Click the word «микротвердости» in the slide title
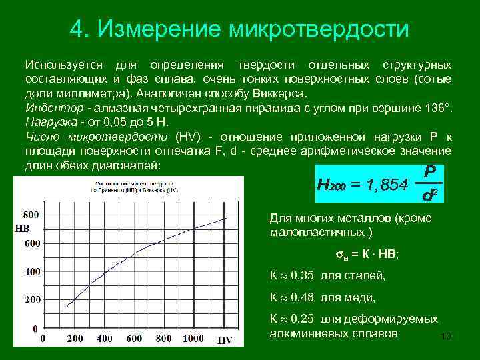[319, 29]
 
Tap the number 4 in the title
[76, 29]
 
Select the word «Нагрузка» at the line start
[49, 122]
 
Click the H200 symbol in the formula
[334, 184]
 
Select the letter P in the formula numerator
[430, 171]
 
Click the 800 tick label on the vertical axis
[31, 215]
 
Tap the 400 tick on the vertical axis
[31, 272]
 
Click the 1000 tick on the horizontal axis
[193, 339]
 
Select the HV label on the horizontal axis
[225, 340]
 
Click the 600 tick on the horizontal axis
[133, 339]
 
